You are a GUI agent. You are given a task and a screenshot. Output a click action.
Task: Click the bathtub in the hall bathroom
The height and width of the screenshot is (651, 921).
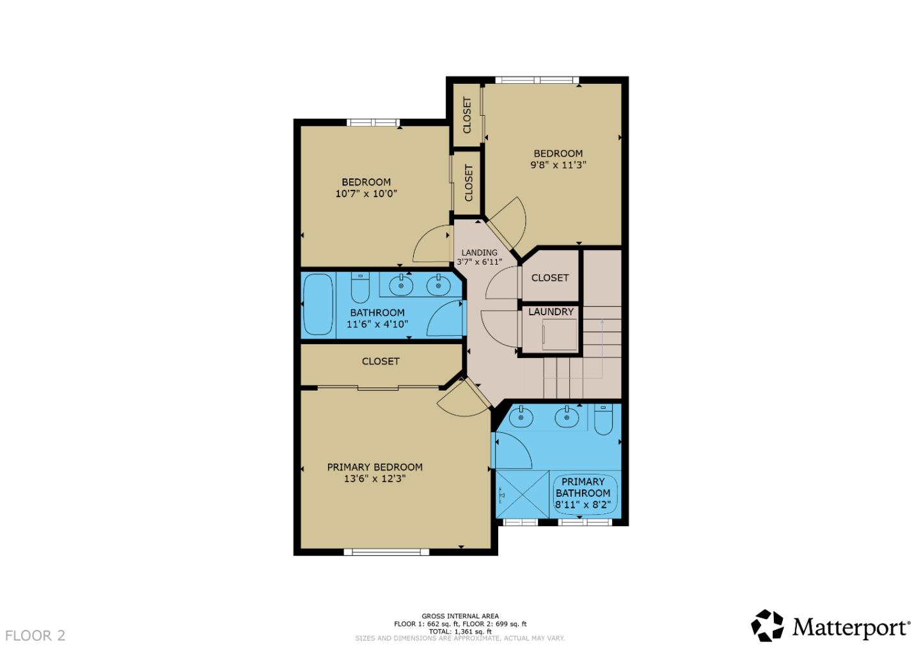tap(318, 304)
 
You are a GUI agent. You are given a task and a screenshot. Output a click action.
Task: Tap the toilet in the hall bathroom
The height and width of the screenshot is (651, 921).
tap(360, 289)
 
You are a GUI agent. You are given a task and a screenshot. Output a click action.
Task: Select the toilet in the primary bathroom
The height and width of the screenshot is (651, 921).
tap(603, 420)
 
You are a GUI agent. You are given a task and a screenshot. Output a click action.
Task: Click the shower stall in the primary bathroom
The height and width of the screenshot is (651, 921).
tap(522, 493)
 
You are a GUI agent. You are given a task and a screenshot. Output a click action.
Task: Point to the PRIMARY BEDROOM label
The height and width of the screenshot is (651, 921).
tap(375, 467)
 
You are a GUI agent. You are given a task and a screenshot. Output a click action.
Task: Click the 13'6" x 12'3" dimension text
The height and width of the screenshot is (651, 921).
tap(375, 478)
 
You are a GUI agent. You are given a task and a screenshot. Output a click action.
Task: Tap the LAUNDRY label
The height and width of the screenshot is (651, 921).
tap(551, 312)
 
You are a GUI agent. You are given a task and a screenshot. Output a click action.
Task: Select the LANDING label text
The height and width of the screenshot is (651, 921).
tap(479, 253)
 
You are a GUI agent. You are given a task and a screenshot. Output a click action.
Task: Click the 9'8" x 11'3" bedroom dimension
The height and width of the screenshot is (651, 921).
tap(558, 165)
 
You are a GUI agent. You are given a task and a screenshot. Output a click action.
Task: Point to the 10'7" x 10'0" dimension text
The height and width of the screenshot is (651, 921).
tap(366, 193)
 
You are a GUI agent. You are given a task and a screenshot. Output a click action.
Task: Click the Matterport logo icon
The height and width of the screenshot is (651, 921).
tap(767, 625)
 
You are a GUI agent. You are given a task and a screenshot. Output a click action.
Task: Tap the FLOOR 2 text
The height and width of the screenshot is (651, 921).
tap(35, 636)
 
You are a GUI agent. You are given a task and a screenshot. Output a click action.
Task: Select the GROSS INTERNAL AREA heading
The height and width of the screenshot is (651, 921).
tap(460, 616)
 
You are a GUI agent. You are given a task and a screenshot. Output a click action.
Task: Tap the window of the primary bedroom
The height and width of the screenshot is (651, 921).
tap(386, 551)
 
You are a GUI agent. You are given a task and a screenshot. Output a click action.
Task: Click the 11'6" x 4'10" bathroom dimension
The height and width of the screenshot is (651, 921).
tap(377, 324)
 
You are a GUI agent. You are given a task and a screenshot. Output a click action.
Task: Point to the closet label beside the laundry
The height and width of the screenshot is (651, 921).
tap(549, 278)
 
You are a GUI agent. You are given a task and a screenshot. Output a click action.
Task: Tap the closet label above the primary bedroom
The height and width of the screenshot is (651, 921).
tap(381, 361)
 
